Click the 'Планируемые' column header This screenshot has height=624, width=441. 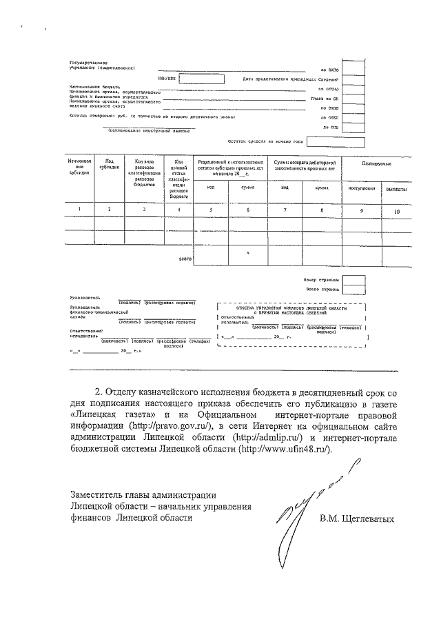click(378, 163)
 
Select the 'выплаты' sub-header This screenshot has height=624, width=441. click(396, 188)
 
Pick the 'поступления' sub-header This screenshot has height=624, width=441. click(360, 188)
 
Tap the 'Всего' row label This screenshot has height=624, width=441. click(184, 259)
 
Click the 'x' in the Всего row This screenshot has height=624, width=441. click(247, 254)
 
